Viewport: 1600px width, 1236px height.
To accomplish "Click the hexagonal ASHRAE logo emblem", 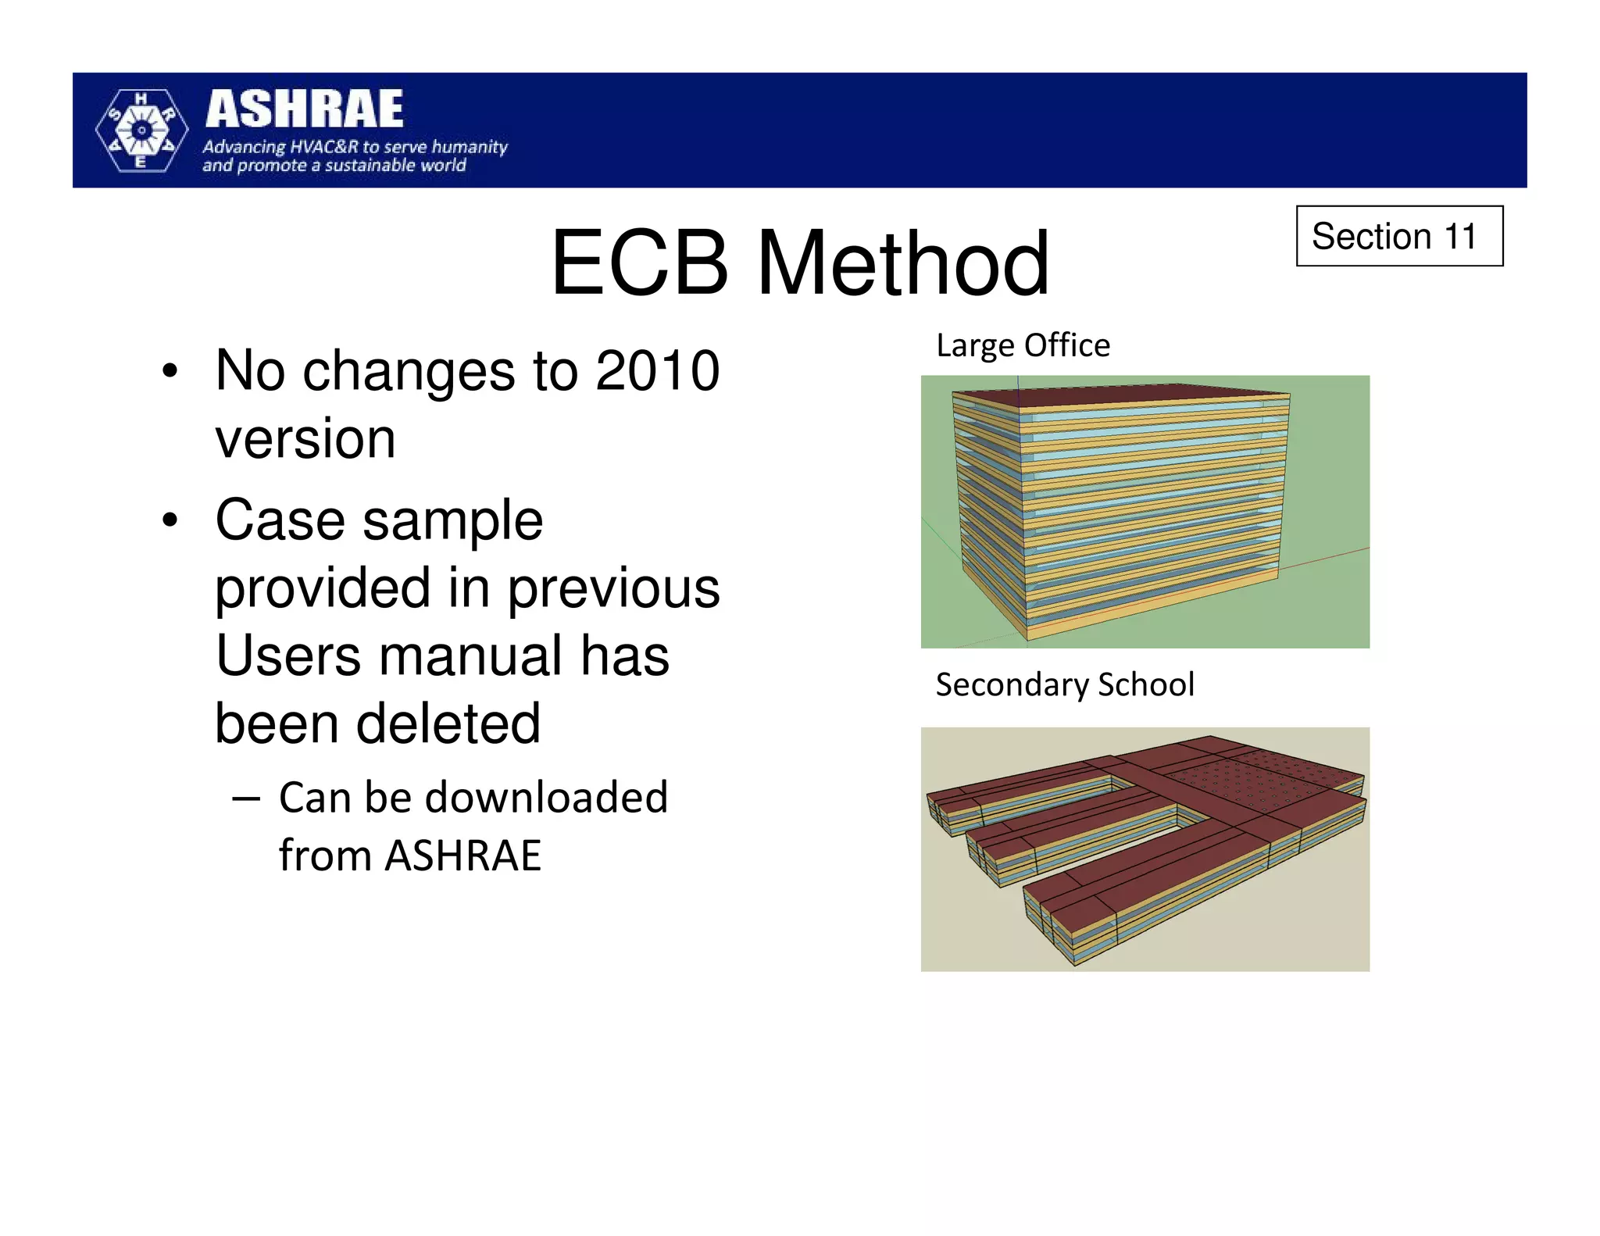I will click(141, 130).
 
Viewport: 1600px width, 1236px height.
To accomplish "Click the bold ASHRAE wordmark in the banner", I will click(305, 109).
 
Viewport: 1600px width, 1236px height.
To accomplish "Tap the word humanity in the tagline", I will click(470, 147).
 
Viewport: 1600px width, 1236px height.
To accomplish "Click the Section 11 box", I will click(1398, 236).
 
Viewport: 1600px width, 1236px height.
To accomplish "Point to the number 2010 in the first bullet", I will click(657, 370).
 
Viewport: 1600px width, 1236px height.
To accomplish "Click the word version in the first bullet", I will click(305, 438).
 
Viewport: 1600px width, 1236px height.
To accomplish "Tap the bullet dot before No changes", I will click(170, 371).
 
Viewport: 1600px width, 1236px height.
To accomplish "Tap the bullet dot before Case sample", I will click(170, 520).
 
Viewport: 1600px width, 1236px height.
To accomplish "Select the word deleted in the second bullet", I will click(448, 723).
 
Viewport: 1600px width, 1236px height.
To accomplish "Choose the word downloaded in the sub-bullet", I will click(546, 798).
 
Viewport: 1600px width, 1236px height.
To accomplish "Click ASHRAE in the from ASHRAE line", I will click(462, 856).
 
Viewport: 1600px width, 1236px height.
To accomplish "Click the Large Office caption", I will click(1023, 345).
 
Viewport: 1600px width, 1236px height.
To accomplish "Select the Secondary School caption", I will click(1065, 684).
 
